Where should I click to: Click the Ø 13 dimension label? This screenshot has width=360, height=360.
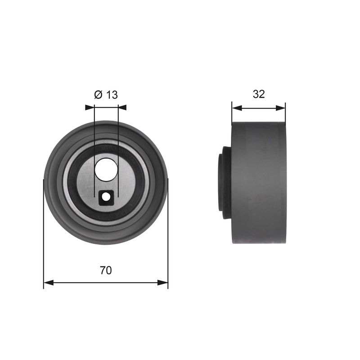pos(106,94)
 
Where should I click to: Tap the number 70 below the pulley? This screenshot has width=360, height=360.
pos(106,270)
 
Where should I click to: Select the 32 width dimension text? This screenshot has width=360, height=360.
pos(259,94)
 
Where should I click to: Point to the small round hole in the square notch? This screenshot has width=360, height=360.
pos(106,197)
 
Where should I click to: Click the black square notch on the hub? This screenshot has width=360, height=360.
pos(106,198)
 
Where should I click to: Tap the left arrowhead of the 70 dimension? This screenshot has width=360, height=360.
pos(49,283)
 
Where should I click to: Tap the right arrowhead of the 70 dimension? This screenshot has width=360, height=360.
pos(163,283)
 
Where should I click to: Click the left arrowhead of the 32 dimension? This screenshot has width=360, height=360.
pos(237,108)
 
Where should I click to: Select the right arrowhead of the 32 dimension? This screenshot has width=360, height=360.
pos(280,108)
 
